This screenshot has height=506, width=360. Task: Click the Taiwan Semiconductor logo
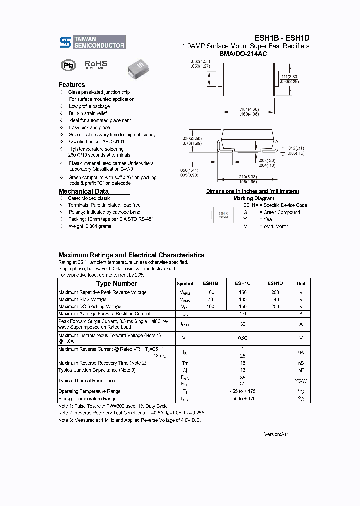(92, 42)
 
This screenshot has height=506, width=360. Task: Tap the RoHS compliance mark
(95, 65)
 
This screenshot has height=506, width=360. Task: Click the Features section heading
(72, 85)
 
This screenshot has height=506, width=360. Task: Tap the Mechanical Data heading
(83, 191)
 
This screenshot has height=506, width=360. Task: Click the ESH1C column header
(242, 283)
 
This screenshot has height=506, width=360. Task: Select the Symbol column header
(185, 283)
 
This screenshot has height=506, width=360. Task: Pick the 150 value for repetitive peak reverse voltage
(242, 292)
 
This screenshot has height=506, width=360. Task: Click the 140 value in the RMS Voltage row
(275, 299)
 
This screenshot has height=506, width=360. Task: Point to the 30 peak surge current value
(242, 324)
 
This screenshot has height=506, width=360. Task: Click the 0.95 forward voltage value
(242, 338)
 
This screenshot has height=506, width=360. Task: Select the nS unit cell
(301, 363)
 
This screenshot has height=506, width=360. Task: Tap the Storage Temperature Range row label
(87, 399)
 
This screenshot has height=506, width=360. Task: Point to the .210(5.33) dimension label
(248, 176)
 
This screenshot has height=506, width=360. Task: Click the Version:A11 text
(277, 434)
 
